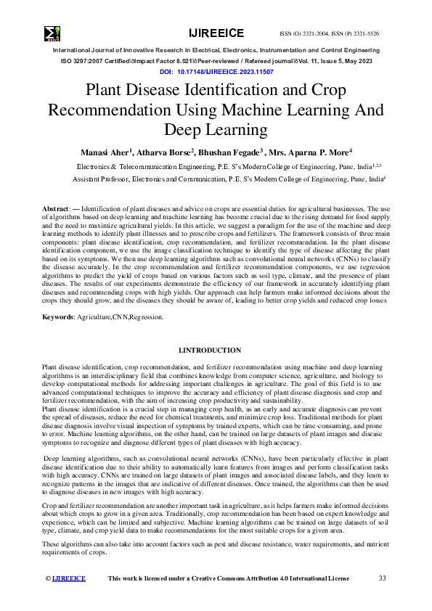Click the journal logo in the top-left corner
(52, 33)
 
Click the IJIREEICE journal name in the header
(216, 33)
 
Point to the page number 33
(382, 578)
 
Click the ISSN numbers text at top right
(329, 34)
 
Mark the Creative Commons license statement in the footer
(228, 578)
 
